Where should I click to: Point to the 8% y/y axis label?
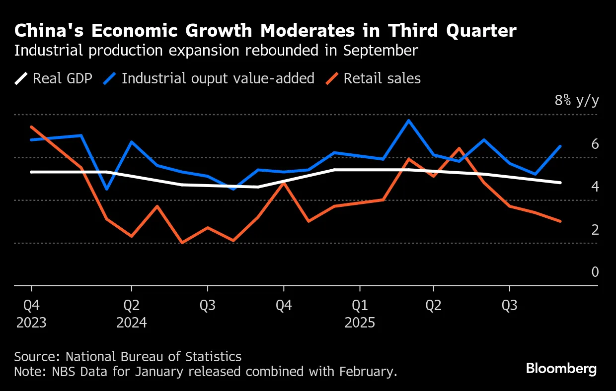point(577,101)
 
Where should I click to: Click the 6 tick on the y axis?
point(595,144)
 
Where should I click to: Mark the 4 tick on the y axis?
point(595,187)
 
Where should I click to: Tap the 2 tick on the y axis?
point(595,230)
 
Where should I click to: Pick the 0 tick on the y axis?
point(595,272)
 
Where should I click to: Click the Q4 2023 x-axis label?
point(31,314)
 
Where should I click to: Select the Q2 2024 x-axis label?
point(131,314)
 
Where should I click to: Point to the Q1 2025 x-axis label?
point(360,314)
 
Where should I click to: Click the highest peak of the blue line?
point(408,120)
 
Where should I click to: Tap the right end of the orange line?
point(560,221)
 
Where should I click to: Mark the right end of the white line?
point(560,183)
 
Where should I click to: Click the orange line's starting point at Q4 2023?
point(31,127)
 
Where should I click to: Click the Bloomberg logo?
point(561,369)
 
